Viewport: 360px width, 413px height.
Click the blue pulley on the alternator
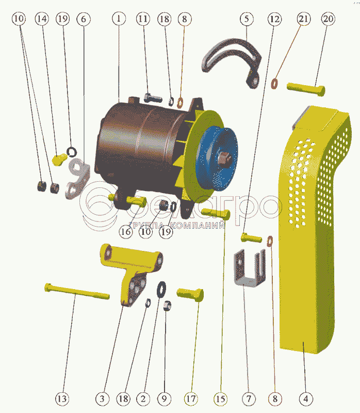(217, 158)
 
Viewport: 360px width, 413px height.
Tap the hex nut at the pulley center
(224, 158)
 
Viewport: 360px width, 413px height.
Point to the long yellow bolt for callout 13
(77, 291)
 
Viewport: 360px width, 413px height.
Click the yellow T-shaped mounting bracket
(130, 273)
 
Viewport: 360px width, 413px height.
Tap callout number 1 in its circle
(119, 19)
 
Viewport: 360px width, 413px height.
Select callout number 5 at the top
(247, 19)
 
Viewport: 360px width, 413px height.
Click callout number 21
(304, 19)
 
